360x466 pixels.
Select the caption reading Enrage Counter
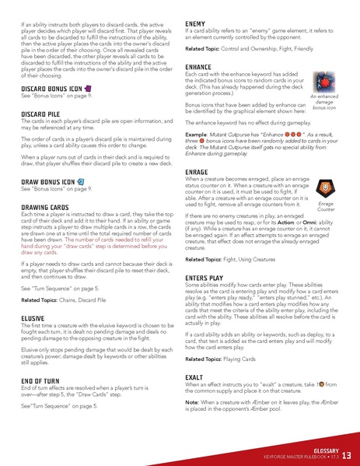click(327, 206)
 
